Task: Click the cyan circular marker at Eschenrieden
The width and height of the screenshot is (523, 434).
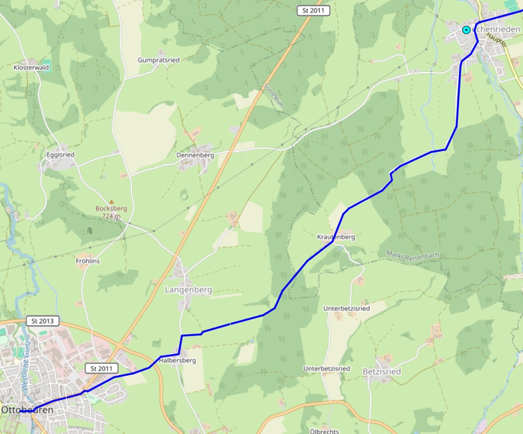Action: click(x=466, y=30)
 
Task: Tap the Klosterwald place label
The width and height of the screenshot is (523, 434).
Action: click(x=31, y=67)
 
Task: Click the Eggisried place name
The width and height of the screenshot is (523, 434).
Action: click(x=60, y=155)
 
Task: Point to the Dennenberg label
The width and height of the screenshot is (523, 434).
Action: click(x=195, y=156)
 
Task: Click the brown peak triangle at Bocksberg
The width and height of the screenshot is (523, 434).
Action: click(x=112, y=202)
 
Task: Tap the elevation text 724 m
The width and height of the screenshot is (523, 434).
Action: click(x=111, y=216)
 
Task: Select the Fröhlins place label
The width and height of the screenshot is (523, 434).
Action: click(x=88, y=261)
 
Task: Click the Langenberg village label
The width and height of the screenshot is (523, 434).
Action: click(x=189, y=289)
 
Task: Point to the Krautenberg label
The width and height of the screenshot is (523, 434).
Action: click(x=336, y=237)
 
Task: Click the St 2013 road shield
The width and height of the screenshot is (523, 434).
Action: click(x=43, y=321)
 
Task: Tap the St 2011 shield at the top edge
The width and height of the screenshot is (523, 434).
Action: click(x=313, y=10)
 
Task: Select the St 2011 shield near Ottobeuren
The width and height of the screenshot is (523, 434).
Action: click(x=101, y=368)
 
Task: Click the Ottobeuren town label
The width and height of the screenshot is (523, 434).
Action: click(x=27, y=410)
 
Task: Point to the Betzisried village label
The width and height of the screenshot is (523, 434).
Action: click(x=381, y=371)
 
